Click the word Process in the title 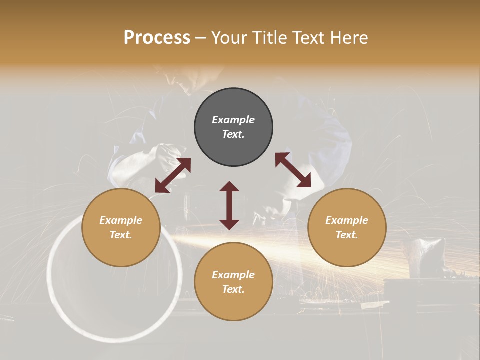click(157, 38)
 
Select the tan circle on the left click(121, 228)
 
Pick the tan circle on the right click(347, 228)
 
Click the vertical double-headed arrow click(229, 205)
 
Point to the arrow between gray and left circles click(173, 175)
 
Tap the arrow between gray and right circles click(293, 170)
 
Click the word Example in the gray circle click(233, 120)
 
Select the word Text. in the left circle click(121, 235)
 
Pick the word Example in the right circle click(347, 220)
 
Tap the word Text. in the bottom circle click(233, 289)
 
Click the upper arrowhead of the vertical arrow click(229, 187)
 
